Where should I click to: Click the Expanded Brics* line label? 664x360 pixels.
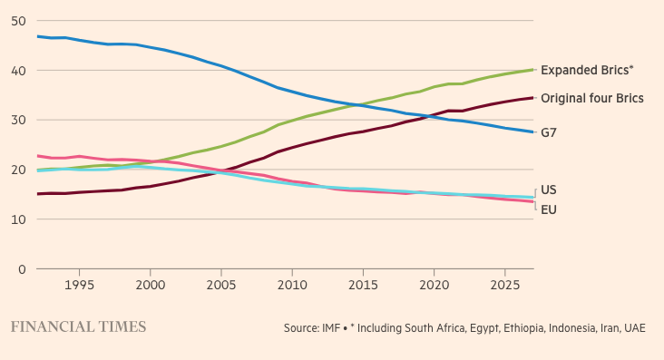pyautogui.click(x=587, y=70)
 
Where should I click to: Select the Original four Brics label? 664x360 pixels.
pyautogui.click(x=592, y=98)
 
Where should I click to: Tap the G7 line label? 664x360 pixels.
pyautogui.click(x=549, y=132)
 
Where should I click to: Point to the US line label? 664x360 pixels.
pyautogui.click(x=549, y=190)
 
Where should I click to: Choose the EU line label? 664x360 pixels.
pyautogui.click(x=549, y=209)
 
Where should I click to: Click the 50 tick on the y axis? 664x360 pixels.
pyautogui.click(x=19, y=21)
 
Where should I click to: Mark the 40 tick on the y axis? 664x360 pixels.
pyautogui.click(x=19, y=71)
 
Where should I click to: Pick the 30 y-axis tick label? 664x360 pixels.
pyautogui.click(x=19, y=120)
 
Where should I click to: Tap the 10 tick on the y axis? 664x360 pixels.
pyautogui.click(x=19, y=219)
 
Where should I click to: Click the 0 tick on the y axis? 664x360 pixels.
pyautogui.click(x=22, y=269)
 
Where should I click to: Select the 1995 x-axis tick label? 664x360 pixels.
pyautogui.click(x=79, y=285)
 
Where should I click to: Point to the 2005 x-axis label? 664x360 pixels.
pyautogui.click(x=221, y=285)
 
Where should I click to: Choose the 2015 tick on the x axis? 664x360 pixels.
pyautogui.click(x=363, y=285)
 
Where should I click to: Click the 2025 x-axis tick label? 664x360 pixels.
pyautogui.click(x=504, y=285)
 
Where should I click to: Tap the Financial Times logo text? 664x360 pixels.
pyautogui.click(x=78, y=327)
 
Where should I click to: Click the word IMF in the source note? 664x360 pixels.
pyautogui.click(x=331, y=328)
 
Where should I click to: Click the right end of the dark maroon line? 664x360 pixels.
pyautogui.click(x=532, y=98)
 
